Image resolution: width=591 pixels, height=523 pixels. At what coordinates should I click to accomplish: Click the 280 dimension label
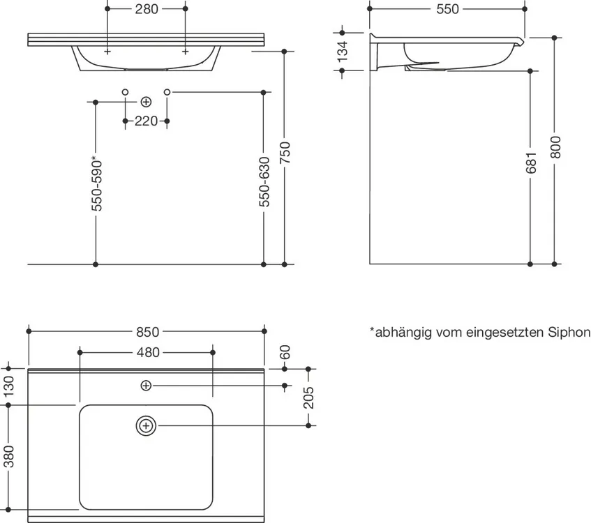[x=147, y=8]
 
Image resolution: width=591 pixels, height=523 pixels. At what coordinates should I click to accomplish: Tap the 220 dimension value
[x=147, y=121]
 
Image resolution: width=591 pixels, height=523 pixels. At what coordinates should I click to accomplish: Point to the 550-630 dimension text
[x=264, y=181]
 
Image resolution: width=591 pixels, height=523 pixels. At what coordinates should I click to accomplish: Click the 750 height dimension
[x=285, y=153]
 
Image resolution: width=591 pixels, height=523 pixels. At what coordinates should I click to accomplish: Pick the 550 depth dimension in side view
[x=447, y=9]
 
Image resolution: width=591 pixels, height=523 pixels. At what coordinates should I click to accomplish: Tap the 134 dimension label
[x=343, y=52]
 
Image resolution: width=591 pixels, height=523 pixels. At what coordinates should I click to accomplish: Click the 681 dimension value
[x=531, y=162]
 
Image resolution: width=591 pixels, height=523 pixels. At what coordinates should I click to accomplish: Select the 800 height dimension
[x=555, y=147]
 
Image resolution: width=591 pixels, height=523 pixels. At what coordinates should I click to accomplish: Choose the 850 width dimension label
[x=148, y=332]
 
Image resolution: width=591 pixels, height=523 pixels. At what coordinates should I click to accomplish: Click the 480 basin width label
[x=148, y=352]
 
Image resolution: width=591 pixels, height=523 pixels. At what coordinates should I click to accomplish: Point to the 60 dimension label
[x=285, y=352]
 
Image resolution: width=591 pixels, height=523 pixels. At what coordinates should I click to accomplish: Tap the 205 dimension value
[x=308, y=397]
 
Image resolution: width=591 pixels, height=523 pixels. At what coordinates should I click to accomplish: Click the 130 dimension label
[x=8, y=386]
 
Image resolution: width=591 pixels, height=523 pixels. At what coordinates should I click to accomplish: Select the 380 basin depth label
[x=8, y=456]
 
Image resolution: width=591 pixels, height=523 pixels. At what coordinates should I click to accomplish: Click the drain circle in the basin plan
[x=146, y=426]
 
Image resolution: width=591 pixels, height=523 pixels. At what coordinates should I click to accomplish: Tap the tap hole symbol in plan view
[x=146, y=386]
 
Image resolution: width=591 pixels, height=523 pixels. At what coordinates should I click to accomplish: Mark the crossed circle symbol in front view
[x=146, y=102]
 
